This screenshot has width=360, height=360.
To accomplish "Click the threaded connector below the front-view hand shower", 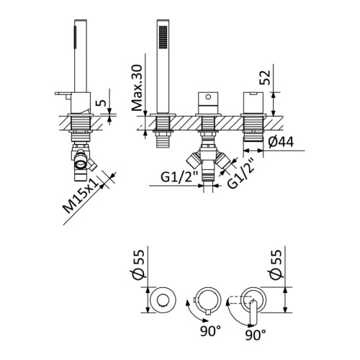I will [x=162, y=137].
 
